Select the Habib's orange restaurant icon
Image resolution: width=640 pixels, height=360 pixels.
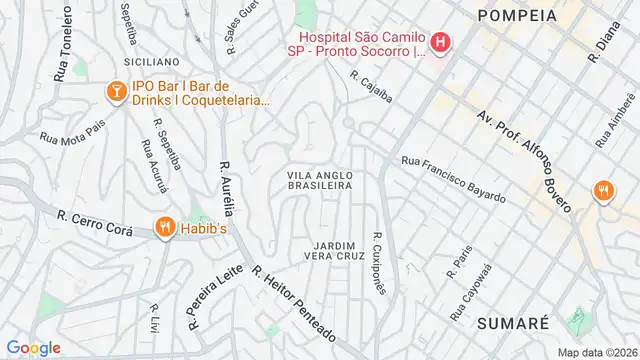(165, 228)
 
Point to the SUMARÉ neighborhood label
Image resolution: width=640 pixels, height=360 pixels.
(512, 323)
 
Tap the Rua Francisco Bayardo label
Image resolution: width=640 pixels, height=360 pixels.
(452, 177)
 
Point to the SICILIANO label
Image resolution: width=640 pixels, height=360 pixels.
(151, 62)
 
